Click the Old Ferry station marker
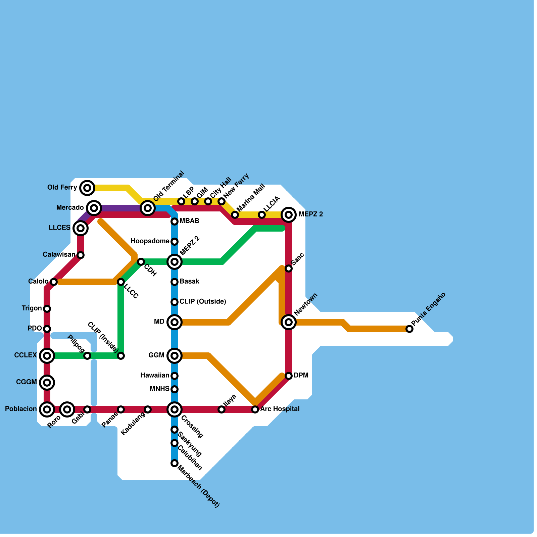tap(87, 188)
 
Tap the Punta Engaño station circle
tap(409, 329)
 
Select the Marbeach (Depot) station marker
tap(175, 463)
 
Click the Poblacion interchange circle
tap(47, 409)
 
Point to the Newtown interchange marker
tap(289, 322)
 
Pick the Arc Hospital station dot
tap(255, 409)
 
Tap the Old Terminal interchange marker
tap(148, 208)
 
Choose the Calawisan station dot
tap(81, 255)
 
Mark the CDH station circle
tap(141, 262)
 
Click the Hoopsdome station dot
tap(175, 242)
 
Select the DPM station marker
tap(289, 376)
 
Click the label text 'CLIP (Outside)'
tap(203, 301)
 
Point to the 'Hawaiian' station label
tap(154, 375)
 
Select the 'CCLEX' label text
tap(26, 355)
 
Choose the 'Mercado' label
tap(70, 207)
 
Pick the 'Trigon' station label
tap(32, 308)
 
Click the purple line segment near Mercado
tap(117, 208)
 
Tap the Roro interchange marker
tap(67, 409)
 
